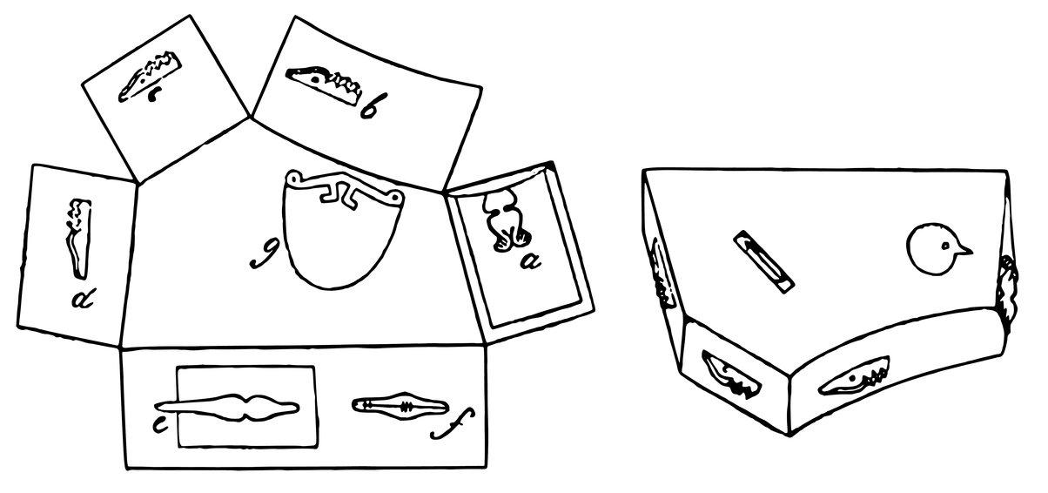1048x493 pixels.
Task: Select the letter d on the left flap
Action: (x=84, y=301)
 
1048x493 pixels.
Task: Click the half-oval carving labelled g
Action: (x=343, y=231)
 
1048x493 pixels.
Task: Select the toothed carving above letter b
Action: (x=325, y=83)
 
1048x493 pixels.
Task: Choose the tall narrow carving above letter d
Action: (x=77, y=235)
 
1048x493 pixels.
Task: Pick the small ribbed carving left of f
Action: (x=397, y=405)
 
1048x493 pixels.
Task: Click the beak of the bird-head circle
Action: (x=963, y=253)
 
